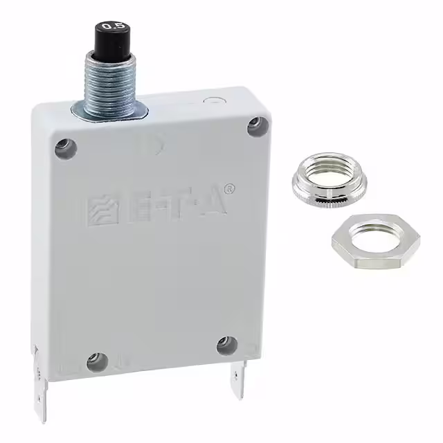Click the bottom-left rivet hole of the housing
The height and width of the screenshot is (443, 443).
[97, 359]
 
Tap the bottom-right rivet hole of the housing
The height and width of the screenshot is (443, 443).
[226, 344]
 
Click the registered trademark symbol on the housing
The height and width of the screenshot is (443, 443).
[231, 188]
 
